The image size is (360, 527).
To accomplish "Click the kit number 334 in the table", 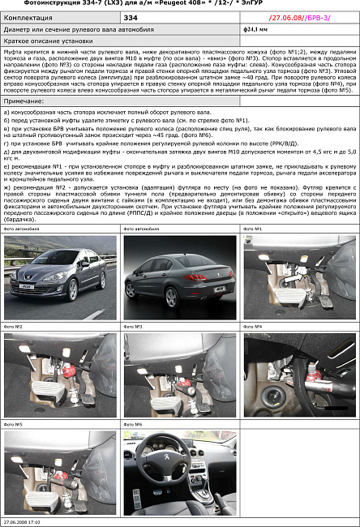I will click(131, 16).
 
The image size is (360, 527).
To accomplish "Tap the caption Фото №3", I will click(133, 326).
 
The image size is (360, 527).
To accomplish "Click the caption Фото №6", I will click(133, 424).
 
